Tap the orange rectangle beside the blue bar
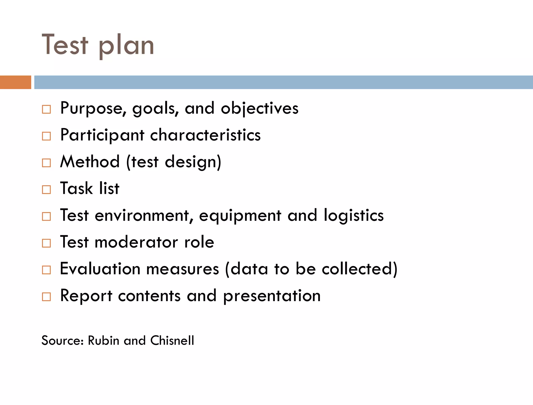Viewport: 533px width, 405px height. (x=16, y=82)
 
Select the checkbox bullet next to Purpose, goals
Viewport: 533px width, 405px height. (x=46, y=109)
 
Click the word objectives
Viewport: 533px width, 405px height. (x=259, y=108)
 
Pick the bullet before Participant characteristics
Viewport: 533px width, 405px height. (x=46, y=136)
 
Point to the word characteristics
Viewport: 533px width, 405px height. (x=205, y=135)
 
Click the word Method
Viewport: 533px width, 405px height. (x=90, y=162)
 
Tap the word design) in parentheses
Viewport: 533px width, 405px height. (x=193, y=162)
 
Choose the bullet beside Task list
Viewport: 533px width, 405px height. (x=46, y=189)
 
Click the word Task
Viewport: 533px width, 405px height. (x=77, y=188)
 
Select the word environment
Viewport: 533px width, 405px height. (x=142, y=216)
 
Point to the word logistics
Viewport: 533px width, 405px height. (x=354, y=216)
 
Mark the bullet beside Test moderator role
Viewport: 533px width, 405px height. (x=46, y=243)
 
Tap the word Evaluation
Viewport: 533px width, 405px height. (x=100, y=269)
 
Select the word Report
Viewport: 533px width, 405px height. (x=86, y=296)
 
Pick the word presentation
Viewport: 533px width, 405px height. (x=272, y=296)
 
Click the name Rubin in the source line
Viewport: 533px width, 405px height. (x=104, y=340)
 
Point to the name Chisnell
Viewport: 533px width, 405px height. (x=172, y=340)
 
